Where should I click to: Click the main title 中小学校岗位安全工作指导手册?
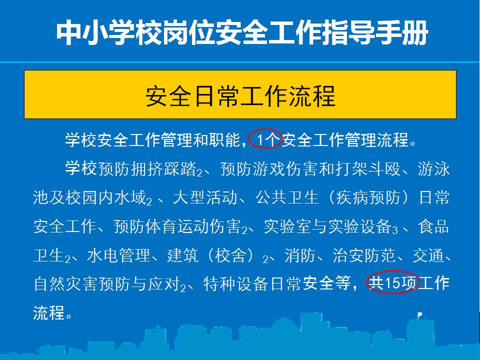(x=242, y=32)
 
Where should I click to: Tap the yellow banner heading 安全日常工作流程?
(x=240, y=96)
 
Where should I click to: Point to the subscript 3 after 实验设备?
(x=395, y=230)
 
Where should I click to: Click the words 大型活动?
(x=205, y=197)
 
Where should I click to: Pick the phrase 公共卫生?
(x=287, y=197)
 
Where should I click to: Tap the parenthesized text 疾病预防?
(x=368, y=197)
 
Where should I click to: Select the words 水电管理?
(x=119, y=255)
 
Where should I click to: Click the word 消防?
(x=300, y=255)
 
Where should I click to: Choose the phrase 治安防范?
(x=365, y=255)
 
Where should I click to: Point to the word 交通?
(x=428, y=255)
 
